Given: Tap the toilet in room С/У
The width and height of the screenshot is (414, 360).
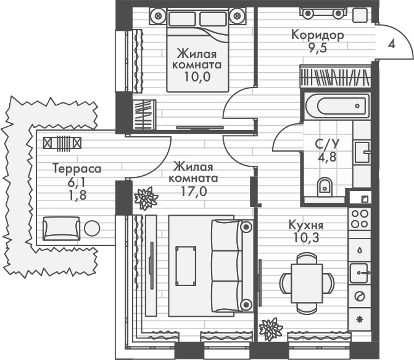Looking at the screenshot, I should (325, 186).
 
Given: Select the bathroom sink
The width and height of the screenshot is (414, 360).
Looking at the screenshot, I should (361, 149).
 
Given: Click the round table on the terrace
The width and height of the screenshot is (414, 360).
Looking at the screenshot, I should (92, 228).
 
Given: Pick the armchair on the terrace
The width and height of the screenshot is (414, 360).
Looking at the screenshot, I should (60, 228).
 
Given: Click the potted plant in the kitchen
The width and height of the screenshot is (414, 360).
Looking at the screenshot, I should (270, 328).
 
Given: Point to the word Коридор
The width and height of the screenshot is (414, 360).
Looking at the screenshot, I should (318, 35).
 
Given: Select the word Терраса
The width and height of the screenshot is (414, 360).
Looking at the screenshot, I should (76, 168).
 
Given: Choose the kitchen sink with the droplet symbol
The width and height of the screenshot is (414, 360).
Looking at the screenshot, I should (360, 248).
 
